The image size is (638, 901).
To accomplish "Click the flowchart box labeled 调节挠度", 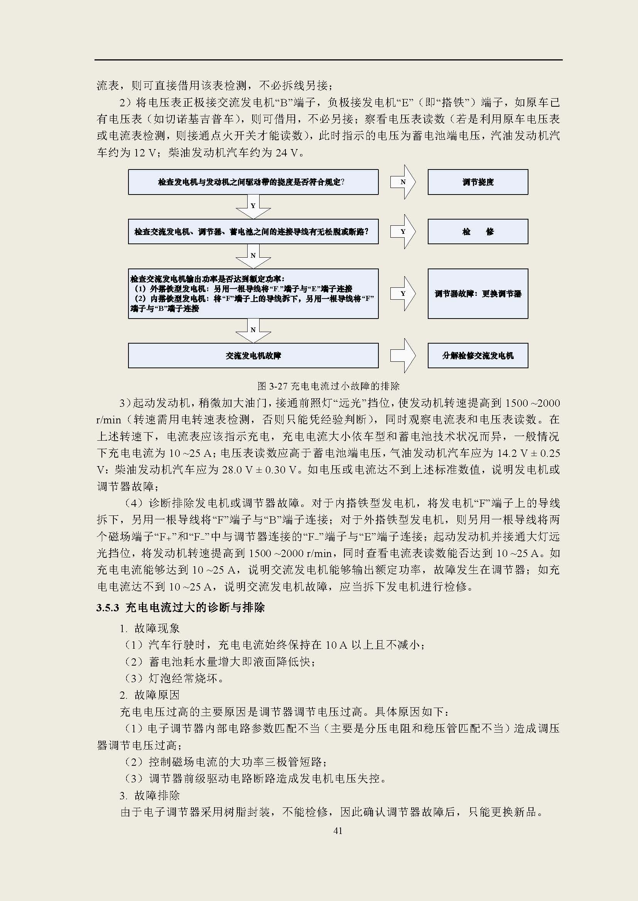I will (478, 182).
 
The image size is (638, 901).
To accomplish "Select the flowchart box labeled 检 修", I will (478, 232).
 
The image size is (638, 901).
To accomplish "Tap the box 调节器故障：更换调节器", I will (478, 294).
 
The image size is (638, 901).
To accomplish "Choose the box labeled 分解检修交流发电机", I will (478, 356).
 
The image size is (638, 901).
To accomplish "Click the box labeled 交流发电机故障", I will (253, 356).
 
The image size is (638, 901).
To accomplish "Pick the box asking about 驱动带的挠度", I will (253, 182).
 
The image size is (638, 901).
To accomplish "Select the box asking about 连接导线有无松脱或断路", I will (253, 232).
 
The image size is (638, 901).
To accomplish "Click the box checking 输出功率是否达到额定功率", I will (253, 294).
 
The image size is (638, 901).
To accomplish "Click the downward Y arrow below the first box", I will (253, 207).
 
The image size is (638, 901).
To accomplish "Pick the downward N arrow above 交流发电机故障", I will (253, 331).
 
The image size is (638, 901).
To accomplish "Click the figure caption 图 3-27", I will (328, 386).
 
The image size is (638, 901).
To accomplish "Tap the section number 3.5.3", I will (107, 608).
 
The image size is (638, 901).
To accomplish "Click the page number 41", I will (338, 831).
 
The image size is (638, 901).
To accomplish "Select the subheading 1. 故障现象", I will (149, 628).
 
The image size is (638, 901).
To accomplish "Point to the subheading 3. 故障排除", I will (149, 795).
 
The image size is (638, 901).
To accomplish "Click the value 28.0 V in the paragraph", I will (238, 470).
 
